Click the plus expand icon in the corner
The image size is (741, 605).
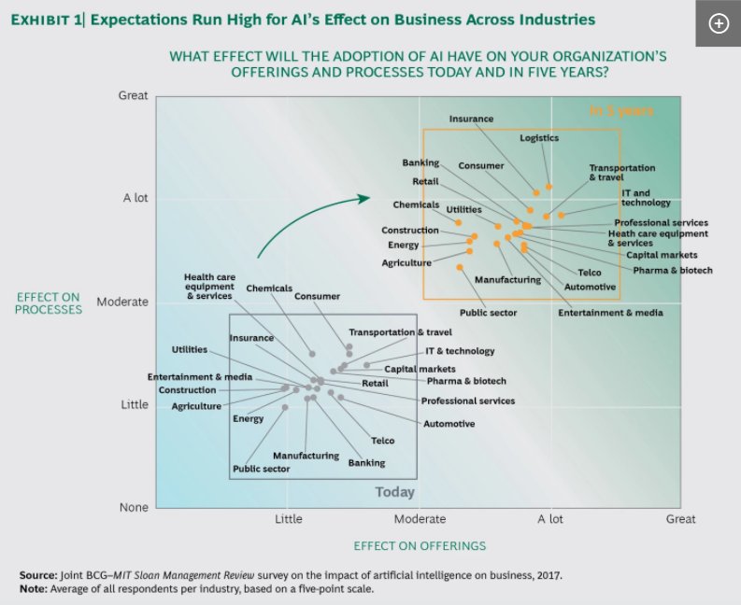click(x=718, y=24)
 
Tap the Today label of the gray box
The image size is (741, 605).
click(x=394, y=492)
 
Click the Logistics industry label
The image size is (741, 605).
click(x=539, y=138)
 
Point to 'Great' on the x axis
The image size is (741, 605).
click(x=679, y=519)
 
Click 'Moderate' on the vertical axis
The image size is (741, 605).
click(x=123, y=302)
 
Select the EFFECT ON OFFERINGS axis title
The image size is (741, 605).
click(x=420, y=545)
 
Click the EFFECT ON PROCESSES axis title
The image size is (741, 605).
click(x=49, y=303)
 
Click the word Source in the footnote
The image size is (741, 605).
click(x=38, y=576)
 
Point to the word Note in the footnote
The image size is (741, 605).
click(x=34, y=589)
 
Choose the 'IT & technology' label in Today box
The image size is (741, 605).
click(x=460, y=351)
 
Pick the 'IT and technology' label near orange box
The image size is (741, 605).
click(x=646, y=198)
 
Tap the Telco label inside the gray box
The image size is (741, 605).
click(x=382, y=441)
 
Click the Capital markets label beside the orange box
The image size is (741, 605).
click(x=661, y=255)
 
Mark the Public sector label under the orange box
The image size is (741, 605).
click(x=488, y=313)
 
